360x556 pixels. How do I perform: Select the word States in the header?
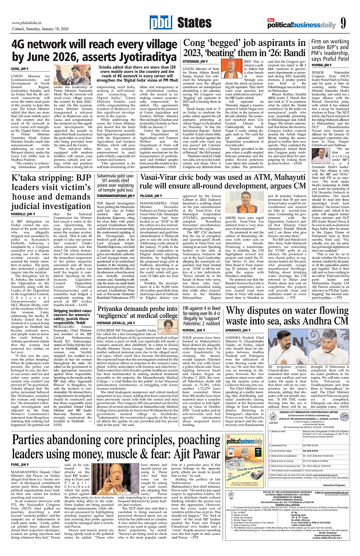[194, 24]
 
